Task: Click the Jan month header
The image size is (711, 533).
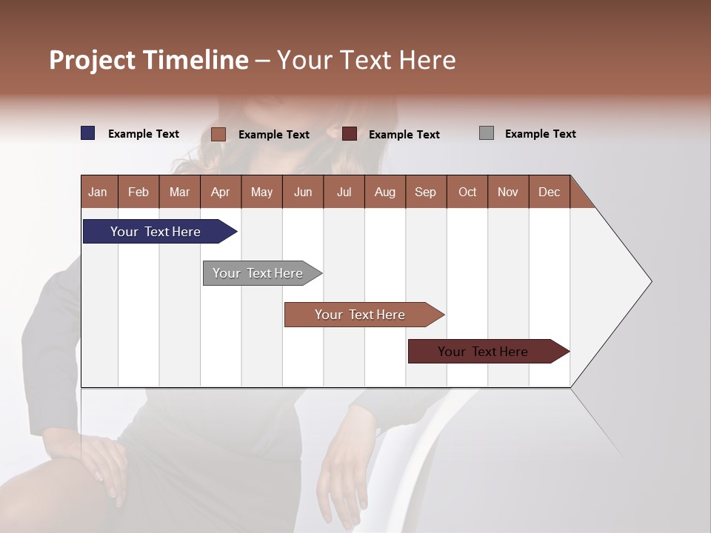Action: [99, 192]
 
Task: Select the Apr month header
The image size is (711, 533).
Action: [221, 192]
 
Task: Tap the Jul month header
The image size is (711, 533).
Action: [344, 192]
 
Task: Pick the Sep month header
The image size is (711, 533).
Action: [426, 192]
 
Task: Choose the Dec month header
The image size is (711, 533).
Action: [549, 192]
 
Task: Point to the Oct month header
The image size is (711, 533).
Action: [467, 192]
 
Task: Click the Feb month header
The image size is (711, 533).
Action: [138, 192]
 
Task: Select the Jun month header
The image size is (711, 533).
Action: [303, 192]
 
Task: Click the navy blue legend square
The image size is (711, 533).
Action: [88, 133]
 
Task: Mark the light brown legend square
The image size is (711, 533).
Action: [218, 134]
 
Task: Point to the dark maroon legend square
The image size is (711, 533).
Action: [350, 134]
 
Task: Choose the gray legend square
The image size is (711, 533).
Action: [487, 133]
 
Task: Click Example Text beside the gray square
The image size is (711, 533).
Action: [540, 134]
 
